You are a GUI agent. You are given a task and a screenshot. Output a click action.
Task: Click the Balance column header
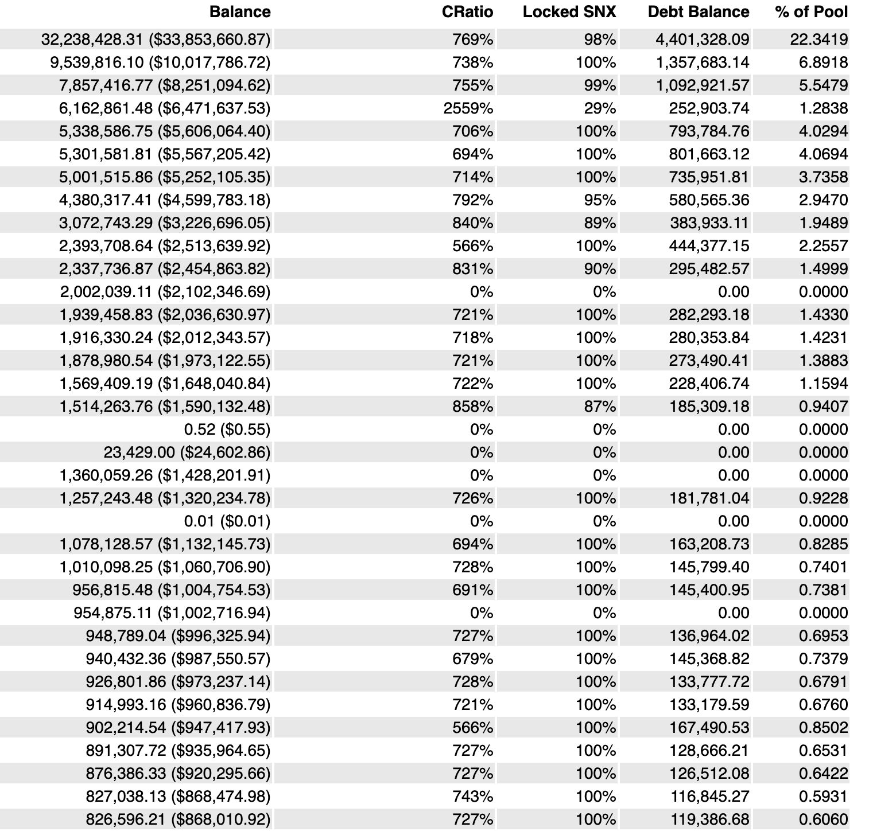click(x=240, y=12)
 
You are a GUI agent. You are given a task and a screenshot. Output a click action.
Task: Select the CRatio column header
click(x=467, y=12)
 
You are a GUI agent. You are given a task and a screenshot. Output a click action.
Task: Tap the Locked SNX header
click(x=569, y=12)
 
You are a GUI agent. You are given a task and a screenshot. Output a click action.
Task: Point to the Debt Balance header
click(x=698, y=12)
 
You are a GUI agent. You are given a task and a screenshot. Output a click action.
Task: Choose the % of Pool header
click(x=811, y=12)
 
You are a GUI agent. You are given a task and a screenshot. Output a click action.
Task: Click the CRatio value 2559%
click(x=468, y=108)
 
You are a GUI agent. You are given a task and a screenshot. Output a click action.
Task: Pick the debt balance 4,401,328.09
click(x=702, y=40)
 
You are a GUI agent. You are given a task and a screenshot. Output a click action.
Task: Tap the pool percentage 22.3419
click(x=815, y=40)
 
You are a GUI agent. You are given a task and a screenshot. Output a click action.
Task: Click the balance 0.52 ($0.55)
click(x=227, y=430)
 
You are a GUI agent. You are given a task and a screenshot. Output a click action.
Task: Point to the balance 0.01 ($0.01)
click(x=227, y=521)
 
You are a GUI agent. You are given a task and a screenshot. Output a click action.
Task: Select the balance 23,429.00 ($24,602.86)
click(x=187, y=452)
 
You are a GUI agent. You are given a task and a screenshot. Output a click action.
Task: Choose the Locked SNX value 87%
click(x=600, y=407)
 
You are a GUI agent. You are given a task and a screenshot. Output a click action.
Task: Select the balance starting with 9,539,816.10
click(x=160, y=63)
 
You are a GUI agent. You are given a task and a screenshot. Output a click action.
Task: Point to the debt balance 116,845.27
click(x=709, y=797)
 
